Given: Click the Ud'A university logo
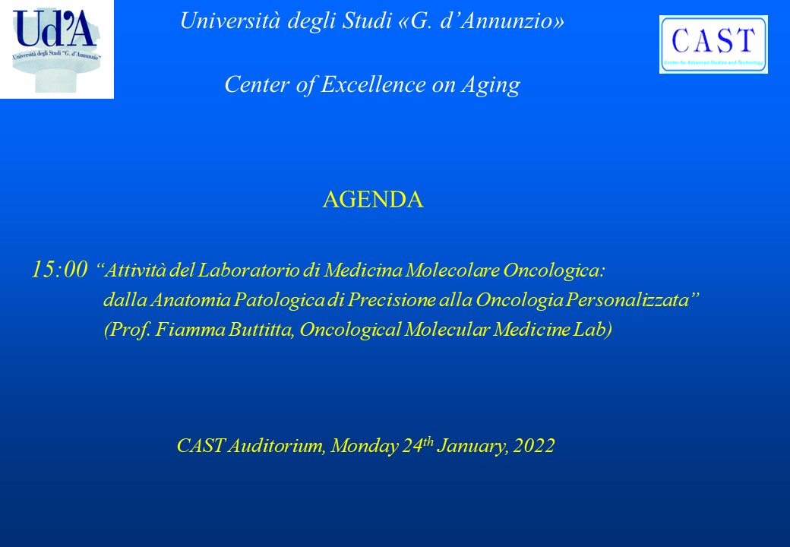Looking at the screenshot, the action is tap(57, 49).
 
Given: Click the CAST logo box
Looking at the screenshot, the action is tap(713, 44).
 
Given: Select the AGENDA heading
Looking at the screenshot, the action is tap(373, 200).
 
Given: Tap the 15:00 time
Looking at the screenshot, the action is tap(59, 270).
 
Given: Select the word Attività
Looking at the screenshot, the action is tap(135, 270).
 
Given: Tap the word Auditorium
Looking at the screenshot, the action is tap(276, 446).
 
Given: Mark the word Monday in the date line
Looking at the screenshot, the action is tap(365, 446).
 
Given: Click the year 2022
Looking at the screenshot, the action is tap(533, 446).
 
